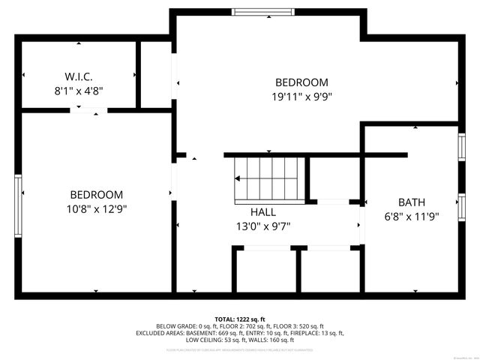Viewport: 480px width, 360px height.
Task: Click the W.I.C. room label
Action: (x=78, y=76)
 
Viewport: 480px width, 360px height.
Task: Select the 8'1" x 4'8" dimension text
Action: (x=78, y=90)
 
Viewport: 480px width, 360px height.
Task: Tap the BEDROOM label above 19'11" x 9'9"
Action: (x=301, y=82)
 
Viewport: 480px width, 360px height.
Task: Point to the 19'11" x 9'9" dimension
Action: (x=301, y=96)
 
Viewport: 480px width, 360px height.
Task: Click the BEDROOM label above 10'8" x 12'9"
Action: (x=97, y=194)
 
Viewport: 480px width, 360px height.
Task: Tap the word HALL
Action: (x=262, y=211)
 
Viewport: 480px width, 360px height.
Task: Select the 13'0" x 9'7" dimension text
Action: (x=262, y=225)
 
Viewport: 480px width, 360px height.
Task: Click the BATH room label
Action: (x=412, y=202)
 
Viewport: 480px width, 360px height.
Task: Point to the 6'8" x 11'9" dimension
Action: (x=412, y=216)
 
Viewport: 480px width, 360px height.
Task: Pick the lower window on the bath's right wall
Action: (x=461, y=205)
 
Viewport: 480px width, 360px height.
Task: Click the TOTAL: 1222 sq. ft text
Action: (x=240, y=319)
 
